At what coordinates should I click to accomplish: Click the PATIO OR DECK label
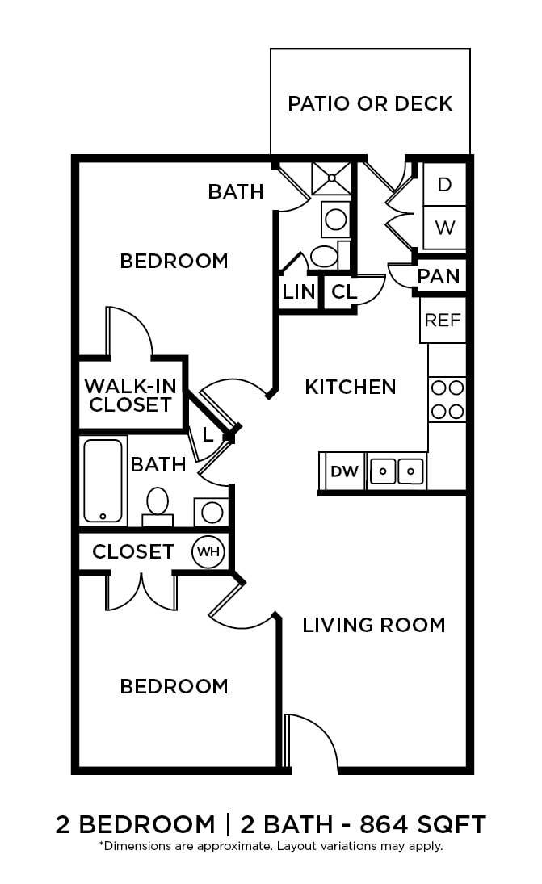tap(370, 103)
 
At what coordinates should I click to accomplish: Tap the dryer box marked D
tap(444, 184)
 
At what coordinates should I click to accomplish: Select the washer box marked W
tap(444, 228)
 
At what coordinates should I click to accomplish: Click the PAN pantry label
tap(439, 276)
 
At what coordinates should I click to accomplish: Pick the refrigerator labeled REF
tap(443, 320)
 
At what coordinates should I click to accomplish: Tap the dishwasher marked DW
tap(345, 471)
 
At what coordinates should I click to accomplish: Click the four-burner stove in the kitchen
tap(447, 399)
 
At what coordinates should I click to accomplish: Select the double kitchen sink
tap(397, 471)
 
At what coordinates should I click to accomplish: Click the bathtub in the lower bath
tap(103, 481)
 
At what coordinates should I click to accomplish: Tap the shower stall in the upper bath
tap(332, 178)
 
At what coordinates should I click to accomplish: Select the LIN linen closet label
tap(298, 291)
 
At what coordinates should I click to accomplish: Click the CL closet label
tap(344, 291)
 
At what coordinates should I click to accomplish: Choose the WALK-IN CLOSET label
tap(130, 395)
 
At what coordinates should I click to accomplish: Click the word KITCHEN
tap(351, 388)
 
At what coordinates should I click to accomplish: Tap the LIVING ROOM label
tap(373, 625)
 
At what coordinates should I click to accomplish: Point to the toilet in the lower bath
tap(158, 505)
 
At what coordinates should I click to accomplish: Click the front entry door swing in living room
tap(312, 739)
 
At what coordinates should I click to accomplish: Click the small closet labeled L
tap(208, 435)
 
